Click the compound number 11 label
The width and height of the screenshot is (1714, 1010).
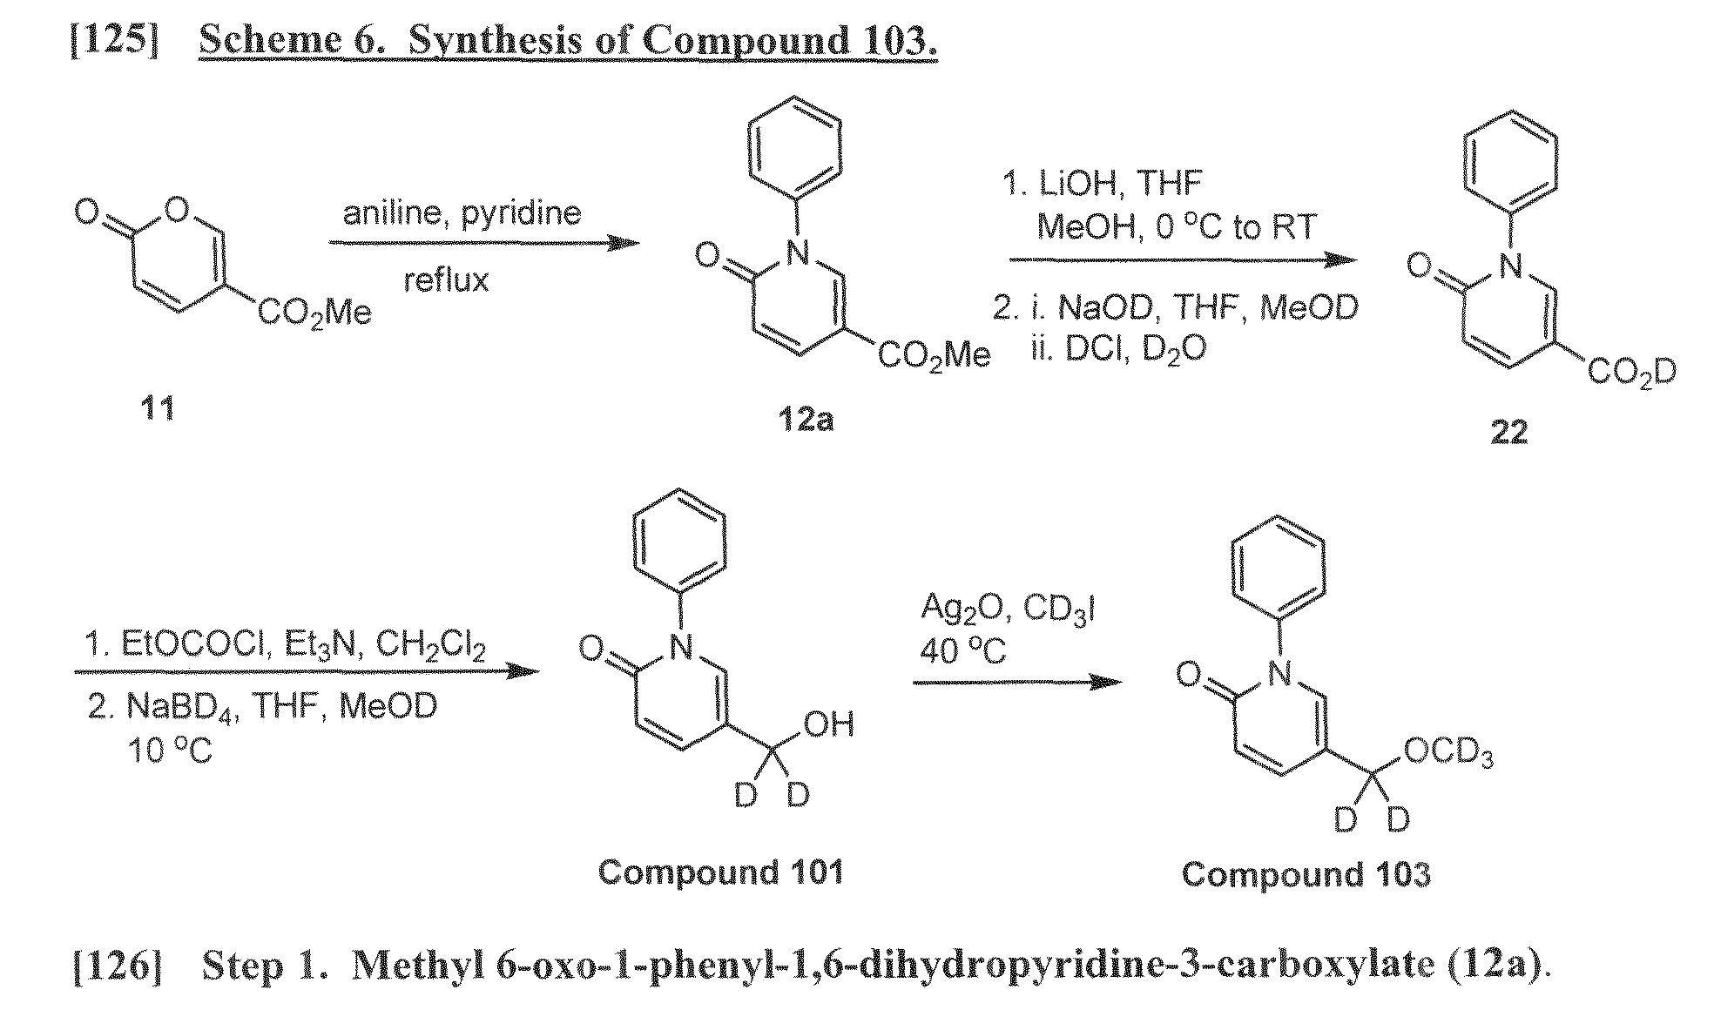click(157, 407)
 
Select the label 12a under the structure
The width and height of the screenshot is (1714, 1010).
click(806, 420)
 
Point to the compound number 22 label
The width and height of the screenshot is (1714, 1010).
click(1508, 433)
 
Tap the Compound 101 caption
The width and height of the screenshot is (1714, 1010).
click(720, 872)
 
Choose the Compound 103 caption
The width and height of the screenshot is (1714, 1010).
click(1306, 874)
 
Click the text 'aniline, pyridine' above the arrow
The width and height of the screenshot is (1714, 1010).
click(462, 212)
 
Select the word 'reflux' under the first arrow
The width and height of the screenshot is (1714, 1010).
click(446, 279)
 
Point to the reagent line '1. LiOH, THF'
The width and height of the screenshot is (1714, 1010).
click(1103, 183)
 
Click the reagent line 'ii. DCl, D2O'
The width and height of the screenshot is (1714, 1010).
click(1118, 349)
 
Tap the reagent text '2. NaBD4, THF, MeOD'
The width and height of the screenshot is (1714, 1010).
click(262, 706)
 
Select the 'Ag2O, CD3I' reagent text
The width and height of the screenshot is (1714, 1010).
click(1008, 609)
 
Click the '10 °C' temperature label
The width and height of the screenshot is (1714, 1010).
click(171, 749)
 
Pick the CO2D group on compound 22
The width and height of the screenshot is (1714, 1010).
click(1631, 374)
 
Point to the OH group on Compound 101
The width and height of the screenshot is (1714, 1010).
click(829, 724)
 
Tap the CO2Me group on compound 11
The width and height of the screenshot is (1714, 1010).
click(314, 313)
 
